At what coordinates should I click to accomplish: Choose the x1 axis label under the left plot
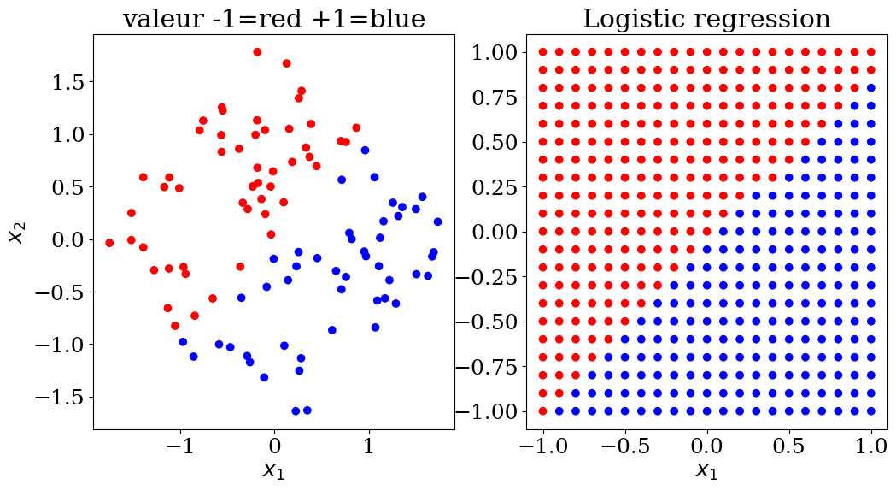(x=273, y=469)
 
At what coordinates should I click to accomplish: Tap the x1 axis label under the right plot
(x=706, y=469)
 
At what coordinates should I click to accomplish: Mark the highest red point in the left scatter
(x=257, y=51)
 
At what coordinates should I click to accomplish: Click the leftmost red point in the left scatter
(x=109, y=243)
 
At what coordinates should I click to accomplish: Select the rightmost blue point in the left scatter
(x=437, y=221)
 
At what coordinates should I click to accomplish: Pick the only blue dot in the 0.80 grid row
(x=871, y=87)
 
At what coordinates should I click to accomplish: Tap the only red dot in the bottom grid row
(x=542, y=410)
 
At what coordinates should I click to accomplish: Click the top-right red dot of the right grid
(x=871, y=51)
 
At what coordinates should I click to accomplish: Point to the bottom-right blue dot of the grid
(x=871, y=410)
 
